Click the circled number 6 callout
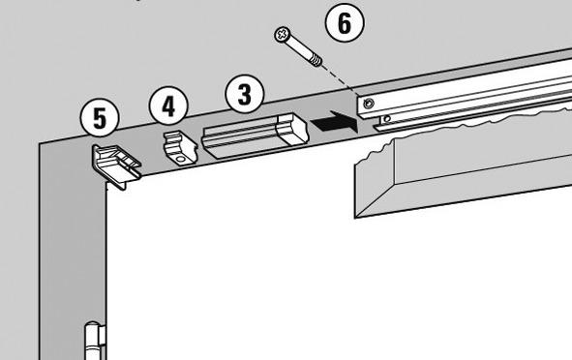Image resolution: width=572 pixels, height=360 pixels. coord(345,22)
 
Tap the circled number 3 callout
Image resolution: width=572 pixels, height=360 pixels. coord(245,94)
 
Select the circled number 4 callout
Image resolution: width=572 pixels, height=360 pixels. coord(168,106)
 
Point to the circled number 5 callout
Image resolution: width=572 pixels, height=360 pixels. coord(100,118)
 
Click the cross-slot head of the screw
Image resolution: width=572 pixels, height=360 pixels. coord(282,35)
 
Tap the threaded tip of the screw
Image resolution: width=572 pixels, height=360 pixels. coord(316,60)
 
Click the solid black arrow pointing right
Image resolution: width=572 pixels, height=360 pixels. coord(334,122)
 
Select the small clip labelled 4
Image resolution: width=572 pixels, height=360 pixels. coord(180,149)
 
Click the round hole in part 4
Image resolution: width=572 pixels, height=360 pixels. coord(180,160)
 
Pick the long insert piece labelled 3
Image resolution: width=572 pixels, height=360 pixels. coord(256,135)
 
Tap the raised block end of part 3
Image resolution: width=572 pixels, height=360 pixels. coord(292,129)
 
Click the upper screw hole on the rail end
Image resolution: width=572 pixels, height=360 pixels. coord(369,104)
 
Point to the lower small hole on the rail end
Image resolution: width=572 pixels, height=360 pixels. coord(387,118)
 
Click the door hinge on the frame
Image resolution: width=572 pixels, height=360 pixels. coord(95,341)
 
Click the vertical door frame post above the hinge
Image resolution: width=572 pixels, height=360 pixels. coord(73,233)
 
